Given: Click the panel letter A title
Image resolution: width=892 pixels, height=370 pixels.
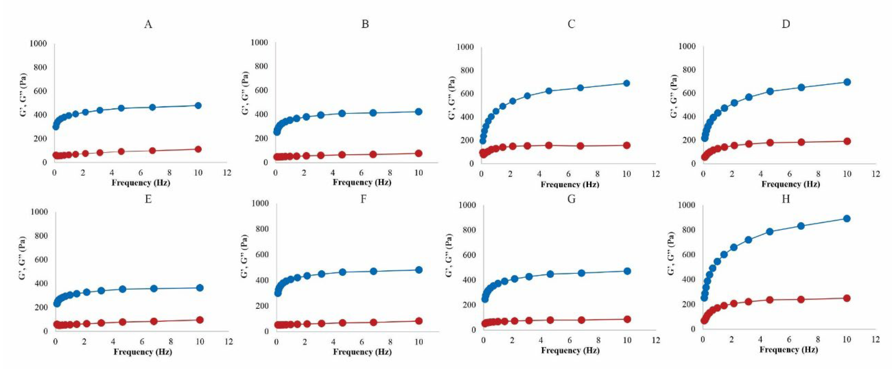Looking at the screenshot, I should pos(148,25).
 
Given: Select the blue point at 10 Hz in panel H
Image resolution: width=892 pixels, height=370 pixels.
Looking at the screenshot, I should pos(847,219).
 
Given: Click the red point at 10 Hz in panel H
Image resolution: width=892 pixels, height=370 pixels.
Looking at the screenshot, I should pos(847,298).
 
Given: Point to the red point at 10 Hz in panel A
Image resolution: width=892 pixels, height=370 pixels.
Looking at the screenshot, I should pos(198,149).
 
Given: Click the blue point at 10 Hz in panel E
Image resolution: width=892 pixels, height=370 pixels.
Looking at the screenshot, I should pos(200,288).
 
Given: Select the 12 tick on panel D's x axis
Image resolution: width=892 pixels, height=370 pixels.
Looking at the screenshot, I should pos(876,174).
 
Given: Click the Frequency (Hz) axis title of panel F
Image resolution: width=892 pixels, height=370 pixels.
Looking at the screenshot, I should pos(362,352).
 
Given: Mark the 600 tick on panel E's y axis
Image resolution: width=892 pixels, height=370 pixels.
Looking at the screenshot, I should pos(41,260).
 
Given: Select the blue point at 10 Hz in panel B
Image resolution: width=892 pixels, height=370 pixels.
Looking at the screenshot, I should pos(418,112).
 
